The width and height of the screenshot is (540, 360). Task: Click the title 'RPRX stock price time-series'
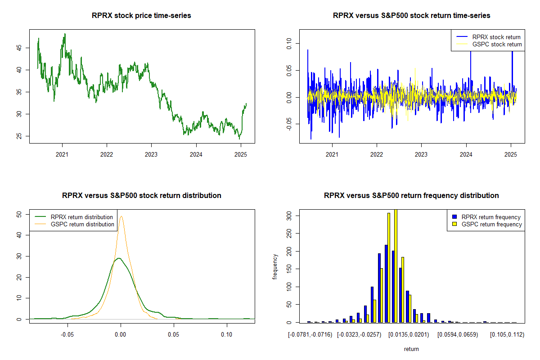[x=141, y=16]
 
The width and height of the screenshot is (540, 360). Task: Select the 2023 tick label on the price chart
[x=151, y=153]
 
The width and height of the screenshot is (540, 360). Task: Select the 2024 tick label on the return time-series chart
[x=466, y=153]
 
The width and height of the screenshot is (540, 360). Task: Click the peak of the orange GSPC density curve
[x=121, y=216]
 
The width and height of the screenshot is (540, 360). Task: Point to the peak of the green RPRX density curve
[x=118, y=258]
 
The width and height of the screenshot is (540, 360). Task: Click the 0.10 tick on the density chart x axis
[x=227, y=334]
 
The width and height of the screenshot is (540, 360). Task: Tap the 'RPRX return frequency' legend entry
[x=491, y=217]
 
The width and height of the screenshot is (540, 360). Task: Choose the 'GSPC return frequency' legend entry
[x=491, y=224]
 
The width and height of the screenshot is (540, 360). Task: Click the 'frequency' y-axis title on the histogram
[x=276, y=267]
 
